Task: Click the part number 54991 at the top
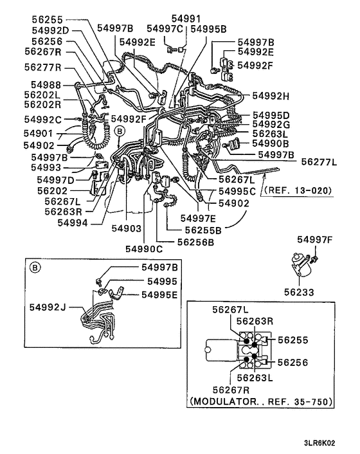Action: tap(185, 18)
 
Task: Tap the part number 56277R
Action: tap(42, 67)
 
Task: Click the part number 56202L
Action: tap(42, 94)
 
